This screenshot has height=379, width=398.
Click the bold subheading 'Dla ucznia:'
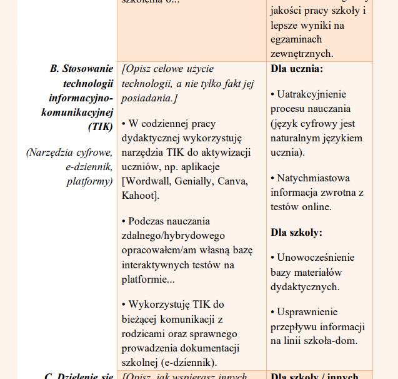[297, 68]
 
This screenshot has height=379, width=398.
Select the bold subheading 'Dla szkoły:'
[296, 232]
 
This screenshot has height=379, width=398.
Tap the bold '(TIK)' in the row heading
[100, 126]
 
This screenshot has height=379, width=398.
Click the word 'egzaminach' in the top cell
[296, 40]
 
